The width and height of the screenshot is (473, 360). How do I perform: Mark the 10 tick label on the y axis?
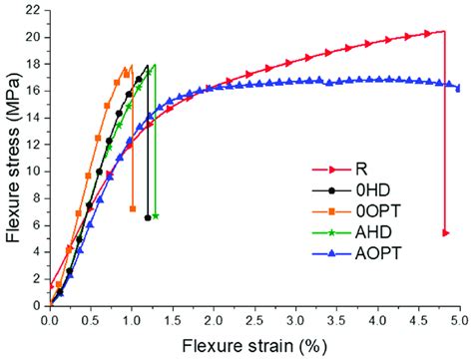coord(35,171)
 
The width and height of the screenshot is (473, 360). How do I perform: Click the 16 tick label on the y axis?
coord(35,91)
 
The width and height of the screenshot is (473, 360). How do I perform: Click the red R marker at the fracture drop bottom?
coord(445,232)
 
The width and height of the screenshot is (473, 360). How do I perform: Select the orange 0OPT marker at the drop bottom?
coord(133,208)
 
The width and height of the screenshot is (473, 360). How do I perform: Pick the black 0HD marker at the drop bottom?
coord(148,217)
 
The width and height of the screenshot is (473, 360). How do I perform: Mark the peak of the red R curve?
coord(441,32)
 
